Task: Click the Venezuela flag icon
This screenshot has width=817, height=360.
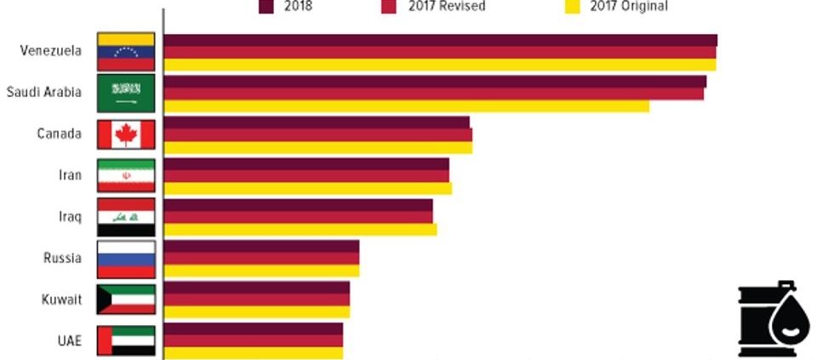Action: click(x=126, y=51)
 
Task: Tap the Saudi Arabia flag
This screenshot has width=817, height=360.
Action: click(x=126, y=93)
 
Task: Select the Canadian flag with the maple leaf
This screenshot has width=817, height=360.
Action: click(x=126, y=134)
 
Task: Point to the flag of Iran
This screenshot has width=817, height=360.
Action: click(x=126, y=175)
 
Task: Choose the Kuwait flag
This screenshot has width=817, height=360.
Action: click(x=126, y=300)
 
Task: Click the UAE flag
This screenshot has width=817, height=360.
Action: click(x=126, y=340)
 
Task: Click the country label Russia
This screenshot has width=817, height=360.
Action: click(x=62, y=258)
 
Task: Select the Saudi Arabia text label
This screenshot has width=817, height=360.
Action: click(x=44, y=92)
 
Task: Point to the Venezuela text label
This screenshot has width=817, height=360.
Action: click(x=51, y=50)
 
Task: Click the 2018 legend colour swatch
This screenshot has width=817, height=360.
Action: click(x=266, y=7)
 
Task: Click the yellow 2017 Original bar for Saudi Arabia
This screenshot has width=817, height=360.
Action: click(x=406, y=106)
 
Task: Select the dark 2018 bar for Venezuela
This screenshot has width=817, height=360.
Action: click(x=440, y=40)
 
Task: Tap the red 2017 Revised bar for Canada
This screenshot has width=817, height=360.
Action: click(x=317, y=134)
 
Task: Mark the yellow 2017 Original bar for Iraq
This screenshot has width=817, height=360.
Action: click(x=300, y=230)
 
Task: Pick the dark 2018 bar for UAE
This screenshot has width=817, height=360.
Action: click(x=253, y=329)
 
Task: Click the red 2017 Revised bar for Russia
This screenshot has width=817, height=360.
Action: click(x=261, y=258)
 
